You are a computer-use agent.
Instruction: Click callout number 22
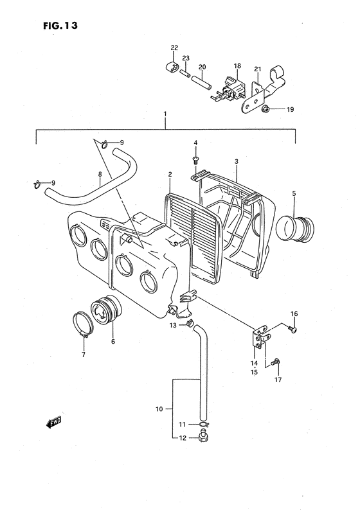pos(174,48)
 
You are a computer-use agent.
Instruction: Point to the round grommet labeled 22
pos(172,67)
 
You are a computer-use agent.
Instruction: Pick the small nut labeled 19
pos(265,110)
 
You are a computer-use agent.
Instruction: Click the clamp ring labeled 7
pos(83,324)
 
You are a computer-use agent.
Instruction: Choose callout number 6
pos(113,342)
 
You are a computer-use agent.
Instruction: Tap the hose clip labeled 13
pos(188,326)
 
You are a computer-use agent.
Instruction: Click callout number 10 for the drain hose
pos(160,407)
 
